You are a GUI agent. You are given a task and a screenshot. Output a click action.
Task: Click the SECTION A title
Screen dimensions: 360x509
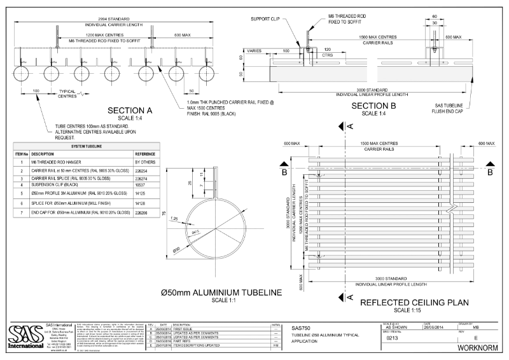[x=134, y=109]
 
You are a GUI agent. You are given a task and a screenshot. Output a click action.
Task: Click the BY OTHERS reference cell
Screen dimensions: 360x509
[x=144, y=163]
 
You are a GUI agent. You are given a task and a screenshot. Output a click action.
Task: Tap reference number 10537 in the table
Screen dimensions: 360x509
[x=141, y=188]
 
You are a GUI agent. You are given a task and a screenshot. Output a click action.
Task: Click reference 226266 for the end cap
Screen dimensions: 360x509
[x=143, y=212]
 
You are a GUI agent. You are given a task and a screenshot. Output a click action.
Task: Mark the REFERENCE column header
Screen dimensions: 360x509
[x=145, y=155]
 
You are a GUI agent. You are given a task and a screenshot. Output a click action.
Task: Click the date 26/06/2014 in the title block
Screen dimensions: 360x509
[x=435, y=326]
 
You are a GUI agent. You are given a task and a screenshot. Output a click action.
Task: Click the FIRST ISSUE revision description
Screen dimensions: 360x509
[x=184, y=326]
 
